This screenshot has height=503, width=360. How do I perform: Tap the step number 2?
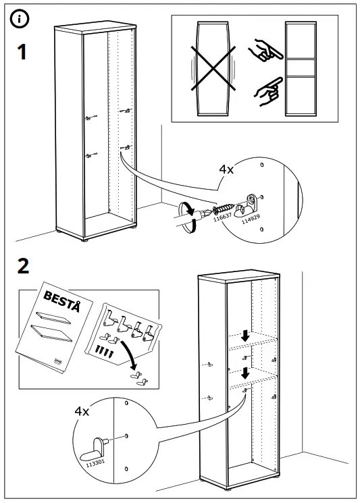click(23, 266)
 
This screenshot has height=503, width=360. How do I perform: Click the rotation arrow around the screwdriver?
click(190, 217)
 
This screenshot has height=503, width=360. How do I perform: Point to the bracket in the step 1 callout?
click(251, 201)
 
